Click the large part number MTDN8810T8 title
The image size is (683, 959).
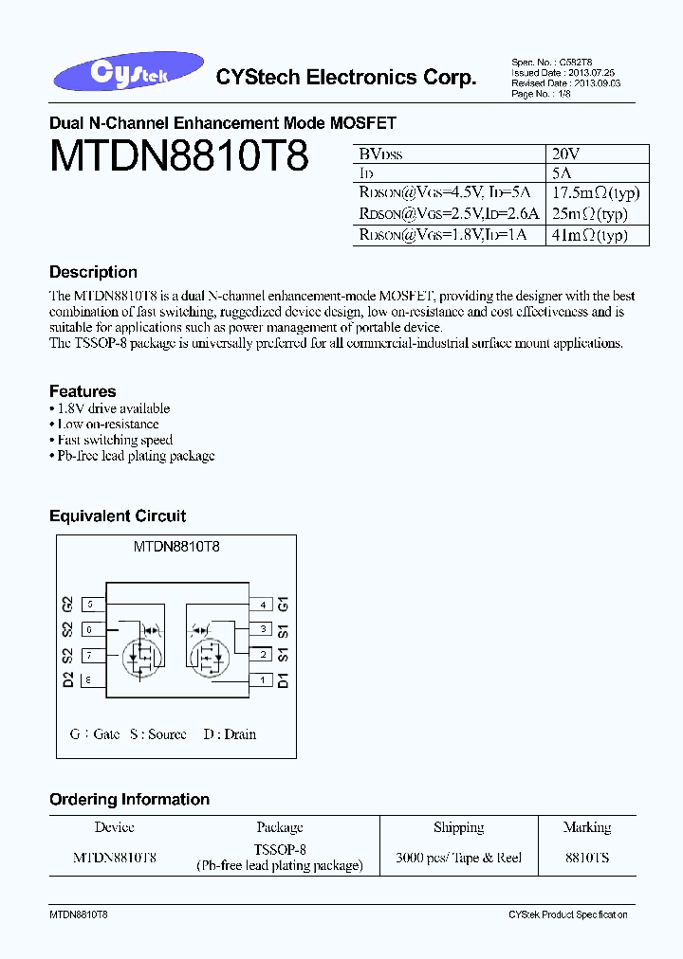(178, 156)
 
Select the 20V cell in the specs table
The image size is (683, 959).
(565, 154)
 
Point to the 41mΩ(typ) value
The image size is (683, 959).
(589, 235)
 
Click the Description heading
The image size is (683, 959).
(93, 272)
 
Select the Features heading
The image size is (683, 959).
(83, 391)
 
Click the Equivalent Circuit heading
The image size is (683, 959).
(118, 516)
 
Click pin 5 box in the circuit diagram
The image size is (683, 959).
(91, 605)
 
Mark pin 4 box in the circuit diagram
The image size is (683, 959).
(262, 605)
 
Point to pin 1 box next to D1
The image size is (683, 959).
(262, 679)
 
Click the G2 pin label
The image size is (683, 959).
(67, 605)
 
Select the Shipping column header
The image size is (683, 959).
(458, 827)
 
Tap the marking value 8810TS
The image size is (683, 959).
(587, 858)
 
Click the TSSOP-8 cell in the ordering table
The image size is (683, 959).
(280, 850)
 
